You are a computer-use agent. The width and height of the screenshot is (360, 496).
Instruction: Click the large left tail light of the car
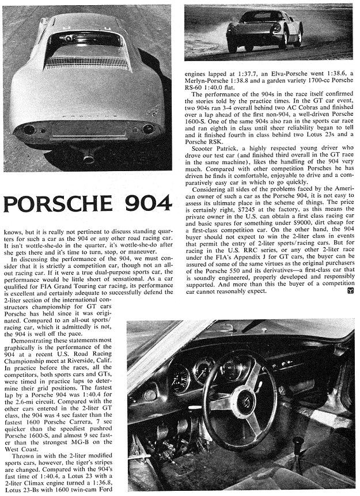29,130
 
